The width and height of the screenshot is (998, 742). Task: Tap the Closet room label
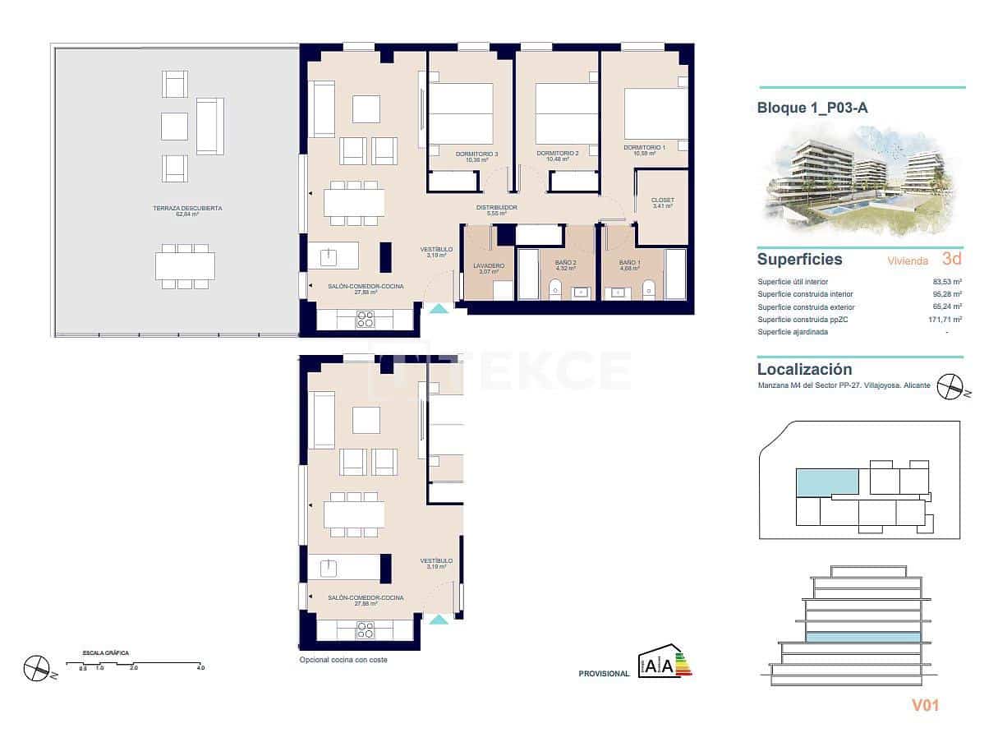click(662, 200)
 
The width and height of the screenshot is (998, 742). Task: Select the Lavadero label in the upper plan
click(488, 265)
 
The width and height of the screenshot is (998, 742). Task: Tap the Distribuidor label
click(497, 208)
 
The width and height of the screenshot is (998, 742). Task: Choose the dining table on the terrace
click(185, 265)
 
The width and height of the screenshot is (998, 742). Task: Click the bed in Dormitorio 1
click(655, 113)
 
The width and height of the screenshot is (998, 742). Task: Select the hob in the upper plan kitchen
click(365, 319)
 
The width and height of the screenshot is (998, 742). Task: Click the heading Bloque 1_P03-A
click(812, 108)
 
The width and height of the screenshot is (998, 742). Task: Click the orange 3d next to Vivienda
click(951, 259)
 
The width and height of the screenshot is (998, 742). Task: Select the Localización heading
click(804, 370)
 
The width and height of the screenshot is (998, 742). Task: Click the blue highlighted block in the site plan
click(827, 482)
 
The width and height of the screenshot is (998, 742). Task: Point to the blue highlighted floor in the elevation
click(862, 637)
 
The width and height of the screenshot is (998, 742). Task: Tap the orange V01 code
click(925, 704)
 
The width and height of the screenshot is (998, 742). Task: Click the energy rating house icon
click(662, 660)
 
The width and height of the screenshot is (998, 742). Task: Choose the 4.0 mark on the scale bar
click(200, 668)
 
